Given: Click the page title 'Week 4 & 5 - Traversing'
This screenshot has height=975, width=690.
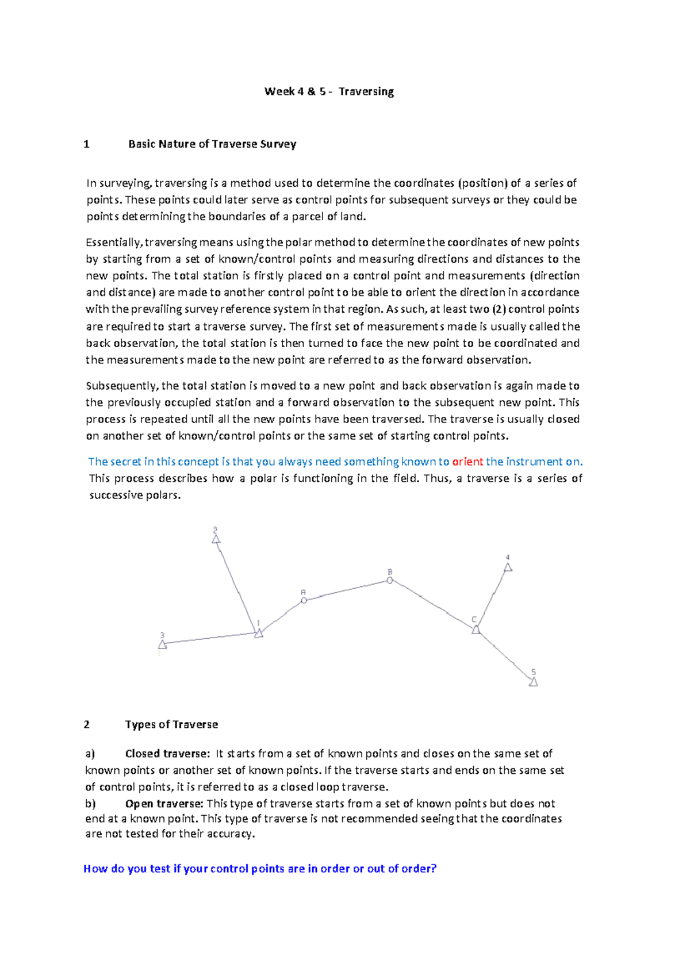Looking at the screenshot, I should tap(329, 91).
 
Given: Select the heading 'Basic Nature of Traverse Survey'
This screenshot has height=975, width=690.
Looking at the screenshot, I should tap(212, 144).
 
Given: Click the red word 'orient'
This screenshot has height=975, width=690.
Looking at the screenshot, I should tap(467, 462).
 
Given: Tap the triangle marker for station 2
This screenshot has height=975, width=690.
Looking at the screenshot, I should tap(216, 539).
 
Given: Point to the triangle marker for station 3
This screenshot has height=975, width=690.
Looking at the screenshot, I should tap(163, 644).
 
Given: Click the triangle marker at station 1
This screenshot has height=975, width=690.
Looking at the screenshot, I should tap(259, 633).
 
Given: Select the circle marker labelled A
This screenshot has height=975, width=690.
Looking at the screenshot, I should tap(304, 600).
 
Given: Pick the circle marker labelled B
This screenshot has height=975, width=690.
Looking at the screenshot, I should tap(389, 581).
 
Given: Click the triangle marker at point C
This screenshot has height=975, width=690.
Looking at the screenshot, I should tap(476, 630).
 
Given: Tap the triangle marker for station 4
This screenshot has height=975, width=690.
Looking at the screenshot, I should tap(508, 567).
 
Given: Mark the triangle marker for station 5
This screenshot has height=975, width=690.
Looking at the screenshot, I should tap(533, 682).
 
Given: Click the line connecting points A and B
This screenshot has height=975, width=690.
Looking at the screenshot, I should tap(347, 590).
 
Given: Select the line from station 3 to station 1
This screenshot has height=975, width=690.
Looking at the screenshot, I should tap(210, 638).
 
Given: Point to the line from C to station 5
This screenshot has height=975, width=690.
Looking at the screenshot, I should tap(504, 656).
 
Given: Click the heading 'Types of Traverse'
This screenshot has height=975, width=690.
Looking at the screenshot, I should tap(171, 725).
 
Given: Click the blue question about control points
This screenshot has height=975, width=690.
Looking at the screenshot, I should tap(260, 869).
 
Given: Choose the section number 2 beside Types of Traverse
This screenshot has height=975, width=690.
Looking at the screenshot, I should tap(87, 725).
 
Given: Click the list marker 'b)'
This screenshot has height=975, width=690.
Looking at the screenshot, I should tap(90, 804).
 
